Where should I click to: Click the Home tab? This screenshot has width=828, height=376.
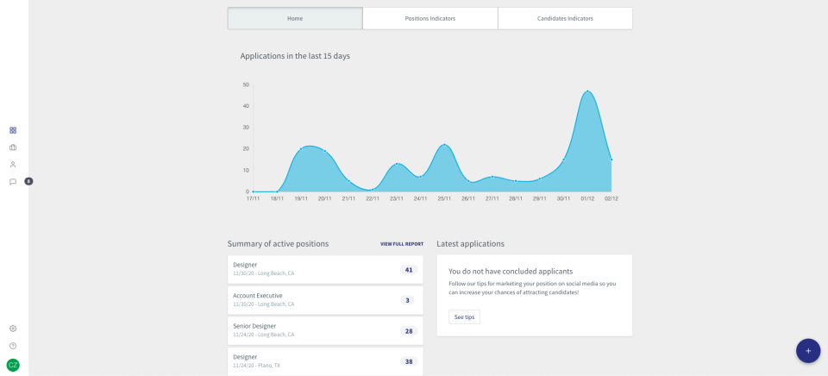tap(295, 18)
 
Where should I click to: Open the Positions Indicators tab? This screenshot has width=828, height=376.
tap(430, 18)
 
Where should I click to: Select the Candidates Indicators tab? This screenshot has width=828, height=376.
tap(565, 18)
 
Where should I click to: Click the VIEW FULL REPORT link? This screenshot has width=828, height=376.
tap(402, 244)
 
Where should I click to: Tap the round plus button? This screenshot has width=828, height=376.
tap(808, 351)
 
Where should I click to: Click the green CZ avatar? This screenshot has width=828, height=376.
tap(13, 365)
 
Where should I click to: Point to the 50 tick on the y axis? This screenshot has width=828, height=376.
tap(246, 85)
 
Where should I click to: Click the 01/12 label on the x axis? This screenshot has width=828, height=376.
tap(587, 198)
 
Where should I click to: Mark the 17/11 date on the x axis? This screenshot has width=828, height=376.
tap(253, 198)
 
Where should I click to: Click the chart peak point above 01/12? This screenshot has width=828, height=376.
tap(587, 91)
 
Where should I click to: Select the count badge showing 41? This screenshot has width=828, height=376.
tap(409, 270)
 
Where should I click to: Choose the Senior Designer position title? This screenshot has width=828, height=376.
tap(254, 326)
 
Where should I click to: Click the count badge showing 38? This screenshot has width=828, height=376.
tap(409, 361)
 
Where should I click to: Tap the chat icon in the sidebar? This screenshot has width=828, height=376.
tap(13, 181)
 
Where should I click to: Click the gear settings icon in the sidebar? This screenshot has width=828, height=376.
tap(13, 329)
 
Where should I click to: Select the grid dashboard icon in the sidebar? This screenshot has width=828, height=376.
tap(13, 130)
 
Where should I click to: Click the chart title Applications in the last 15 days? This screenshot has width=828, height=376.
tap(295, 56)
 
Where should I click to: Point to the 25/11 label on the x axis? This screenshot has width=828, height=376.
tap(443, 198)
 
